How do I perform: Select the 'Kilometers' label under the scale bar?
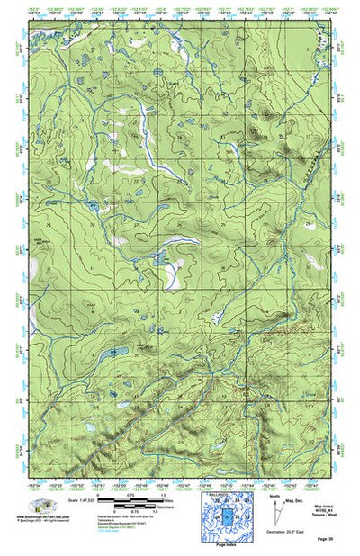(167, 508)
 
